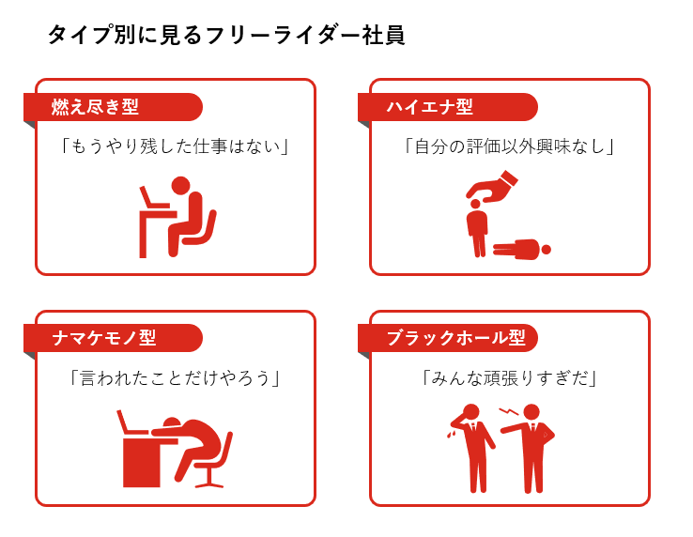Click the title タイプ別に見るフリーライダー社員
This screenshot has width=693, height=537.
click(x=226, y=36)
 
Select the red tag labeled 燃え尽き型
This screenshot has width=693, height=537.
click(x=113, y=107)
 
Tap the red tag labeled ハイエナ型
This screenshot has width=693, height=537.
click(x=448, y=107)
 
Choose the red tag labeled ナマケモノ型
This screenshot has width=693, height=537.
click(x=113, y=338)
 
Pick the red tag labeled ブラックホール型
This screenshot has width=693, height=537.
click(x=448, y=338)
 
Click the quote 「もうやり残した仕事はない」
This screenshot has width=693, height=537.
click(x=175, y=146)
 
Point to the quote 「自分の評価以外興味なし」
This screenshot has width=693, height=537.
click(x=510, y=146)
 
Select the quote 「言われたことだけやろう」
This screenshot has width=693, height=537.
click(x=175, y=378)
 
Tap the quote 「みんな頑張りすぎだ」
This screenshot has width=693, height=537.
click(x=510, y=378)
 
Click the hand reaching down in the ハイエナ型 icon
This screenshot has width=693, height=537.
click(x=493, y=188)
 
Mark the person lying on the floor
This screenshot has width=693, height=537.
click(x=521, y=250)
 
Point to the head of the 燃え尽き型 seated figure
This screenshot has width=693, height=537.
click(x=180, y=186)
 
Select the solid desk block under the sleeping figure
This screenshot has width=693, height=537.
click(x=142, y=462)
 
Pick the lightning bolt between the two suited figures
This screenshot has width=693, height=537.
click(x=509, y=412)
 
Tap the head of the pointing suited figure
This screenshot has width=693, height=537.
click(x=531, y=412)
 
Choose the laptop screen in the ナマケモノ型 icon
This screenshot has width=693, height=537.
click(x=126, y=422)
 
